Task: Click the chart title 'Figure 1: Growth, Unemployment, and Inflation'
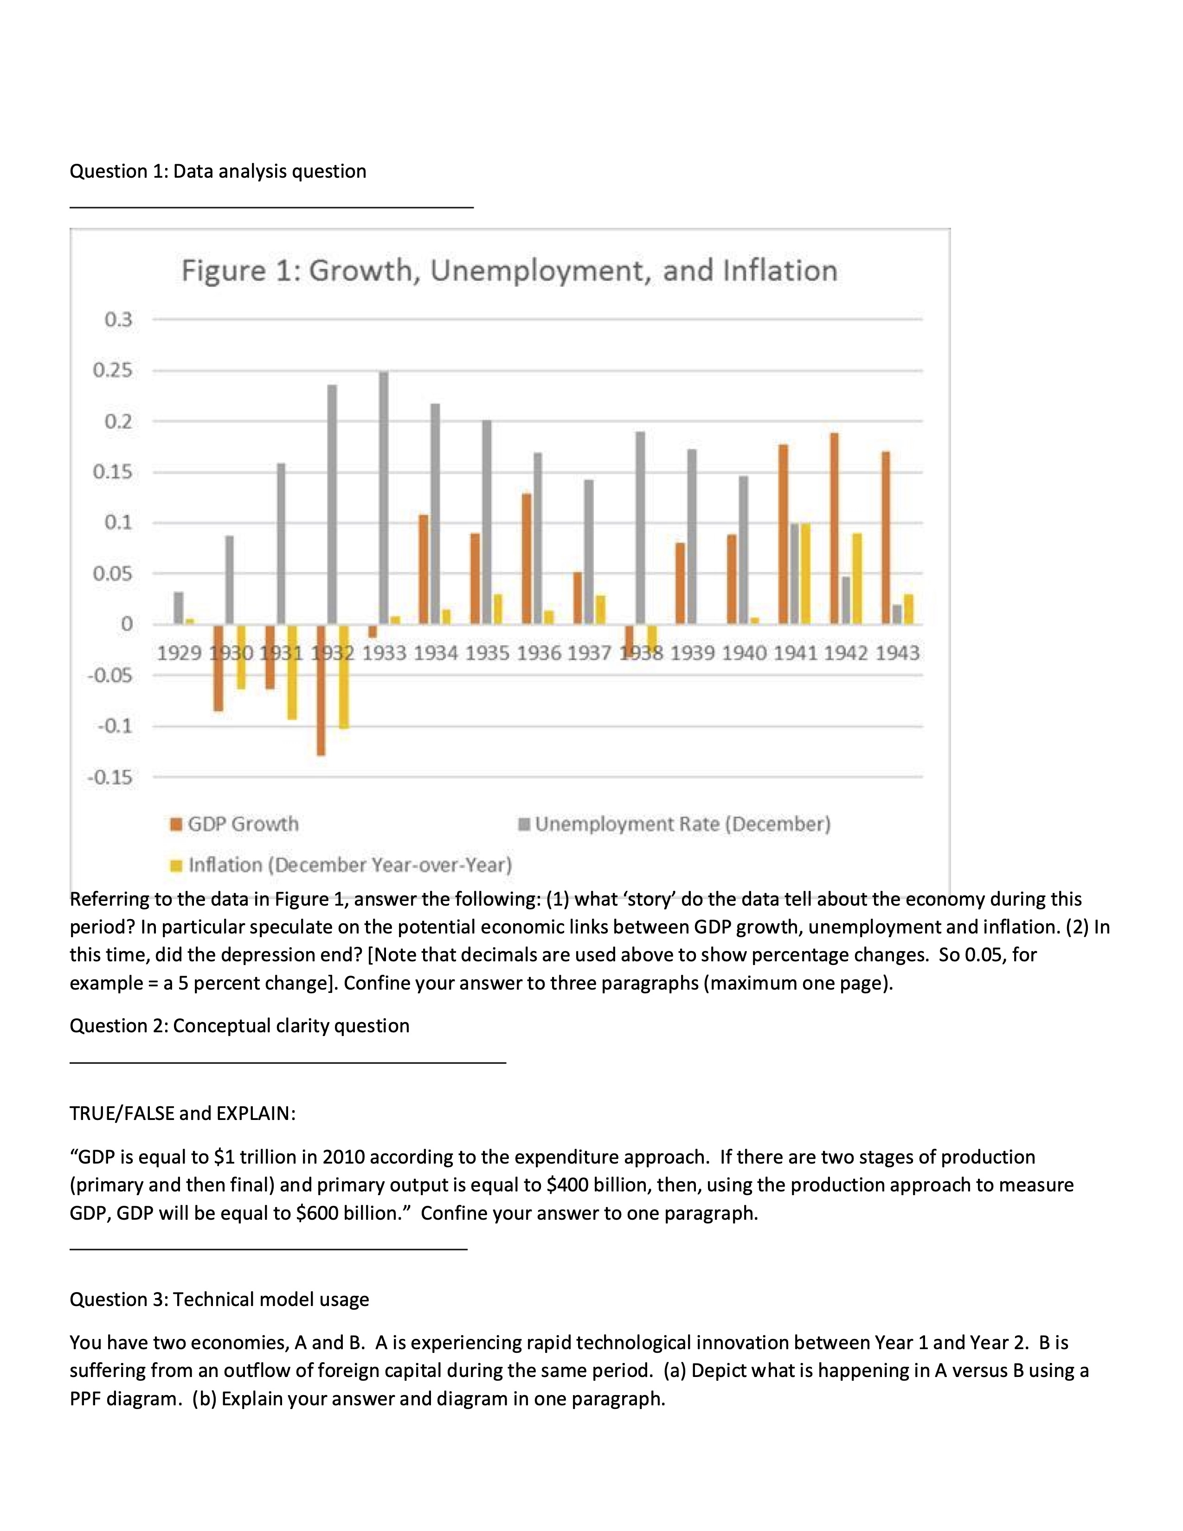(509, 270)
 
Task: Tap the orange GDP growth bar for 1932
(321, 690)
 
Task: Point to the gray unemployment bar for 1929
(178, 608)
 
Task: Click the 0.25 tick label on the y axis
(113, 370)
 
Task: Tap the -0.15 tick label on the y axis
(110, 778)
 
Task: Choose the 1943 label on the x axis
(897, 653)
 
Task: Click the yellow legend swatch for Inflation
(177, 865)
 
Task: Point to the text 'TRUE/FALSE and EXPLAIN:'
(182, 1113)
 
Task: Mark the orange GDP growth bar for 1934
(423, 569)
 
